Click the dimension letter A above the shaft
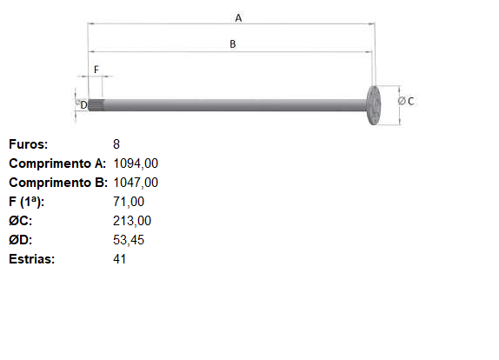[x=238, y=18]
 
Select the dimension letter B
[x=233, y=44]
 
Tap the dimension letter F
[x=96, y=70]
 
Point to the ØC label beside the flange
[x=406, y=101]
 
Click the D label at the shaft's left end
[x=83, y=104]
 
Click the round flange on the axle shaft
[x=374, y=105]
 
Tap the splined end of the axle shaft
[x=96, y=105]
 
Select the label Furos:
[x=29, y=144]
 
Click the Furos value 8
[x=116, y=144]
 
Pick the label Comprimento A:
[x=57, y=163]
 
